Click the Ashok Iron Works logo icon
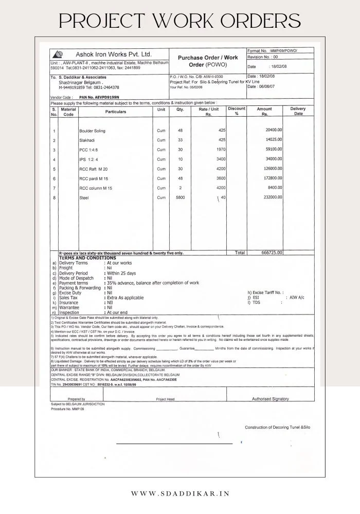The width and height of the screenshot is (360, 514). point(59,54)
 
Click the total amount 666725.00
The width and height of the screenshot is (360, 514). point(271,253)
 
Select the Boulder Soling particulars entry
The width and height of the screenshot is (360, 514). point(92,131)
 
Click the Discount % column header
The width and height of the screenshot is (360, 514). point(237,112)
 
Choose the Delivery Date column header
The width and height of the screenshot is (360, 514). point(298,112)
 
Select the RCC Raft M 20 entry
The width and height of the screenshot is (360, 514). point(94,169)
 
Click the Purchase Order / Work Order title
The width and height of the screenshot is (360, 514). point(208,62)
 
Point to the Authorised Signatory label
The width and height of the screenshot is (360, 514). point(270,399)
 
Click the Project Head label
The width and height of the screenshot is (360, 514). point(165,399)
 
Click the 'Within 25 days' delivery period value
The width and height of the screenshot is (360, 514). point(122,273)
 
